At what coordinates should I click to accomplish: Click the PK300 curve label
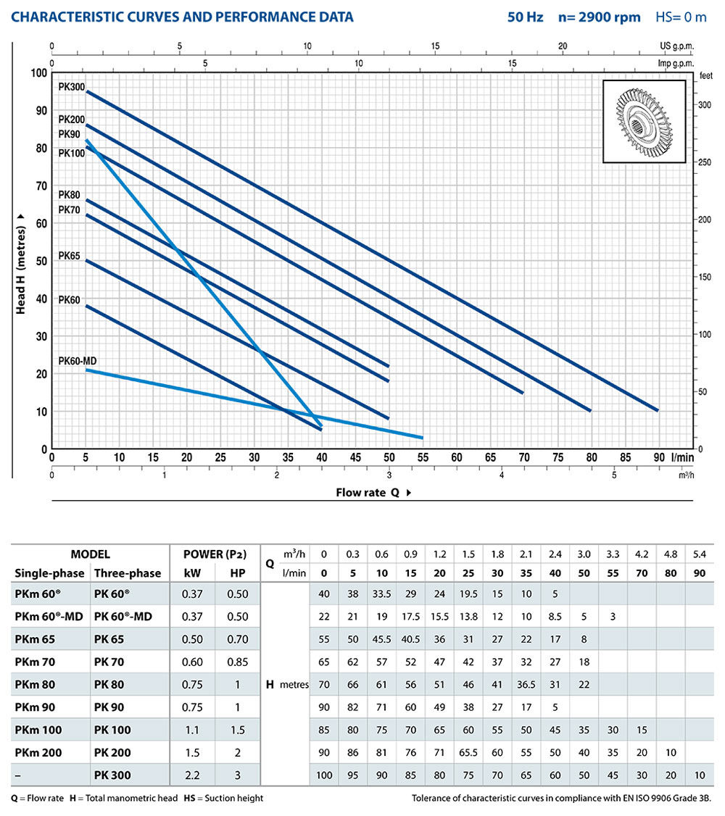coord(72,87)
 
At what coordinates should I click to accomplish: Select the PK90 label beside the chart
coord(70,134)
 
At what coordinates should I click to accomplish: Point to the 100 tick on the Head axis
coord(37,72)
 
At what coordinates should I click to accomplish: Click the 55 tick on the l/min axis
coord(423,458)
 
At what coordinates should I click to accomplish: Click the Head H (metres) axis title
coord(21,262)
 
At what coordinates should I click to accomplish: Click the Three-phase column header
coord(128,573)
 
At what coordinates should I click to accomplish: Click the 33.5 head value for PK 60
coord(381,594)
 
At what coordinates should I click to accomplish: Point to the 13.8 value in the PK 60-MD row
coord(468,617)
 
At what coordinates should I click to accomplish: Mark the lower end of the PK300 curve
coord(657,410)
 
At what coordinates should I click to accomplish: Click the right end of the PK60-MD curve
coord(422,438)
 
